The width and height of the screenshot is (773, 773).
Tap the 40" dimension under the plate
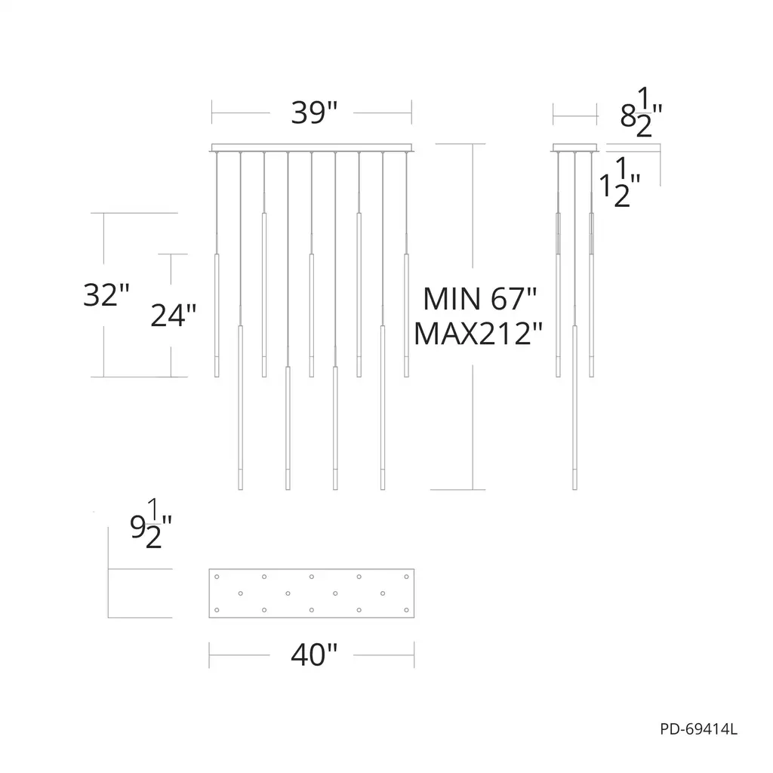(313, 654)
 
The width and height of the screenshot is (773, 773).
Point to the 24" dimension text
(173, 315)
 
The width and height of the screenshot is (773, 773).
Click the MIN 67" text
(479, 299)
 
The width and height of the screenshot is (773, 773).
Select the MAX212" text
(479, 333)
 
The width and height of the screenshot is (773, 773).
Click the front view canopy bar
(312, 147)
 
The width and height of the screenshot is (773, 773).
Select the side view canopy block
(575, 147)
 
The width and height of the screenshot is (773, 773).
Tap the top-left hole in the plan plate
(217, 576)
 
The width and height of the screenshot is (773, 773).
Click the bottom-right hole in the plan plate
(406, 608)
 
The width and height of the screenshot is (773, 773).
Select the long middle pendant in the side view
(575, 408)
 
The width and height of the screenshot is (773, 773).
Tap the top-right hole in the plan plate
(406, 576)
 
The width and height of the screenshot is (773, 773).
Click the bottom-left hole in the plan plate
(217, 608)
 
